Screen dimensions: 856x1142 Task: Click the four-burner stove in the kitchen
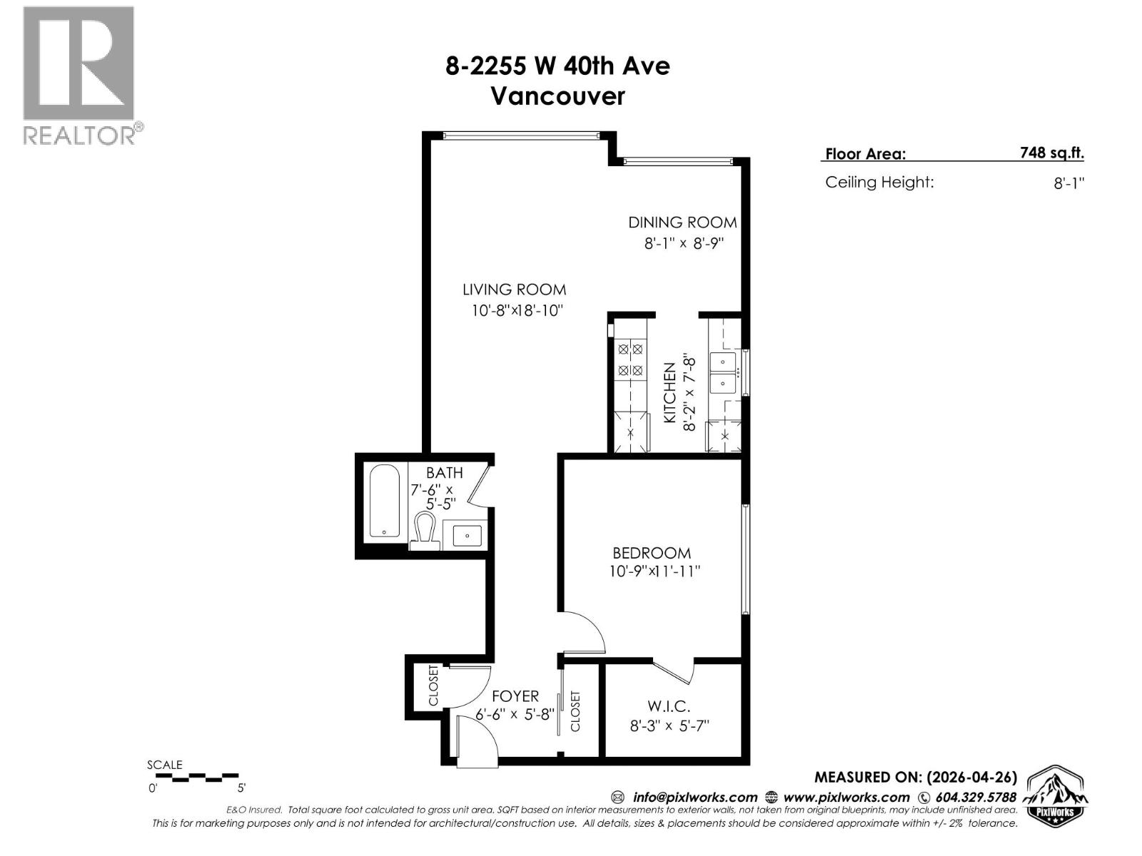point(630,360)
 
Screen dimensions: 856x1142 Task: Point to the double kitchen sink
point(724,372)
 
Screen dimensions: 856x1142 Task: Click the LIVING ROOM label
point(514,290)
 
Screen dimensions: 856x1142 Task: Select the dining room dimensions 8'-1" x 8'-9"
point(684,243)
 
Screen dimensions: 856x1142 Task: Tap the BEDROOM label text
point(652,553)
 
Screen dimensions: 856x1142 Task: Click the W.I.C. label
point(669,706)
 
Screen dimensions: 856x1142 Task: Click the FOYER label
point(515,695)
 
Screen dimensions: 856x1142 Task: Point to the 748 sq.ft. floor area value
point(1051,152)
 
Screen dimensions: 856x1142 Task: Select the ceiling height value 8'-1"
point(1068,183)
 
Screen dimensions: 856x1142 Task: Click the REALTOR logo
point(79,75)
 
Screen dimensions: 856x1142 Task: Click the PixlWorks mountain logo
point(1056,796)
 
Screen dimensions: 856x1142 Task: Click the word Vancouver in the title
point(557,96)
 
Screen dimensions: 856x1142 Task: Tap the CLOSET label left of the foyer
point(433,686)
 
